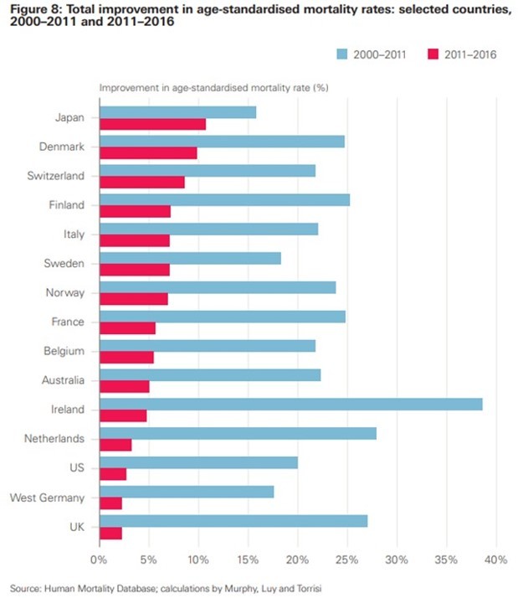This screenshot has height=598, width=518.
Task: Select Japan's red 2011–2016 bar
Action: tap(152, 124)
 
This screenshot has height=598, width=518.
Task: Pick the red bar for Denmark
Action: tap(148, 153)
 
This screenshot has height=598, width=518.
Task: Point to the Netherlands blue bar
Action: tap(237, 433)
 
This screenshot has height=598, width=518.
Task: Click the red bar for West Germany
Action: tap(110, 503)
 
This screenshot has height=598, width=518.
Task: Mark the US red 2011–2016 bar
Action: tap(112, 474)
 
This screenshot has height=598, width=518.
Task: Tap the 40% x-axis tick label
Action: tap(496, 559)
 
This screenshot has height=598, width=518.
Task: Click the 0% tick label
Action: tap(99, 559)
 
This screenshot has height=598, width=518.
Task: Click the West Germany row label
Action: tap(49, 497)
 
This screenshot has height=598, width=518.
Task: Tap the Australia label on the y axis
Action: tap(63, 380)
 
